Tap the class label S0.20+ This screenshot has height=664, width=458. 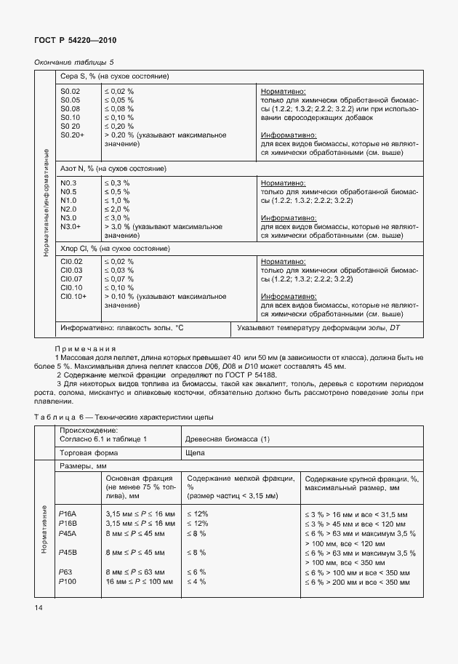coord(73,135)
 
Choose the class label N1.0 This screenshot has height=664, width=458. coord(69,200)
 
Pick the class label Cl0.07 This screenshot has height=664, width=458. coord(71,279)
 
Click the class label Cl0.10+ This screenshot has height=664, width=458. coord(73,297)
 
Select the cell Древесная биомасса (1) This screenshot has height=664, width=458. coord(228,439)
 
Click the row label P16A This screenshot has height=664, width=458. coord(68,513)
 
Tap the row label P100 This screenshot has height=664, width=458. coord(68,582)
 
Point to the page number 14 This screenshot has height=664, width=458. coord(39,606)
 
